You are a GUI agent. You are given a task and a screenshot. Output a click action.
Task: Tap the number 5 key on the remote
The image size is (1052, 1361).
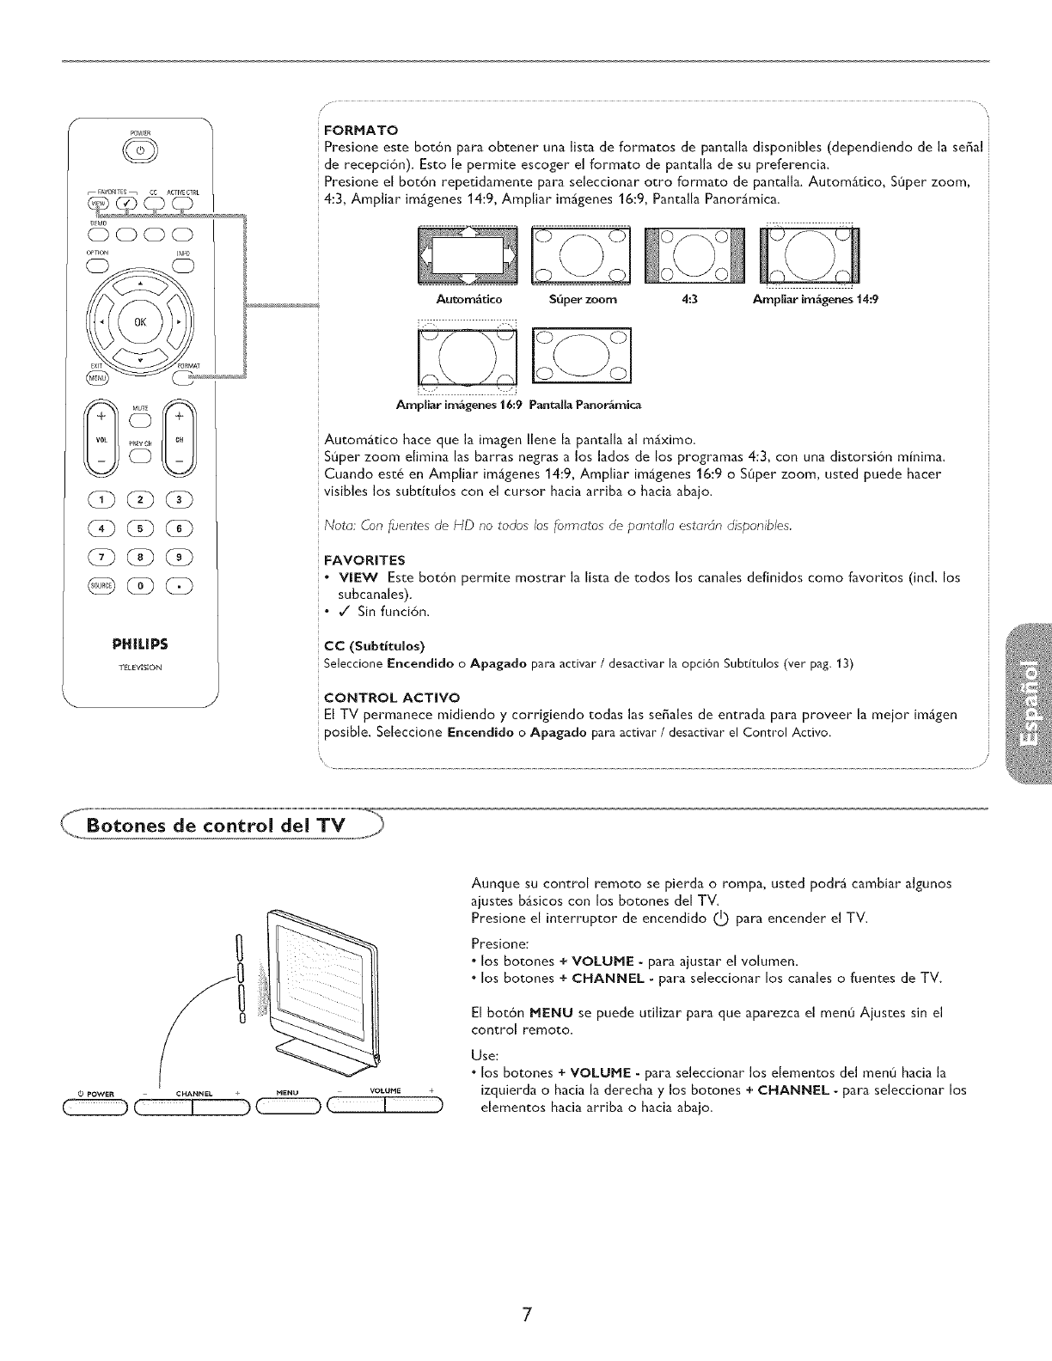(139, 528)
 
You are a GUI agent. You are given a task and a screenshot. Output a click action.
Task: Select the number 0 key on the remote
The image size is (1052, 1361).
(139, 587)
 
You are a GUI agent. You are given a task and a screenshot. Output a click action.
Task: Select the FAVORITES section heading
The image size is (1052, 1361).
(359, 560)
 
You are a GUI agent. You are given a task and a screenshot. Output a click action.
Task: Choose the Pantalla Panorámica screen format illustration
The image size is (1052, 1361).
(581, 354)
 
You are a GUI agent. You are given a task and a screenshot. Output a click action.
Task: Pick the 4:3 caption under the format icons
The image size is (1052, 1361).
(687, 300)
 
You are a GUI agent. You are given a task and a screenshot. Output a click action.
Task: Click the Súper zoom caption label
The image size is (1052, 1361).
(583, 300)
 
